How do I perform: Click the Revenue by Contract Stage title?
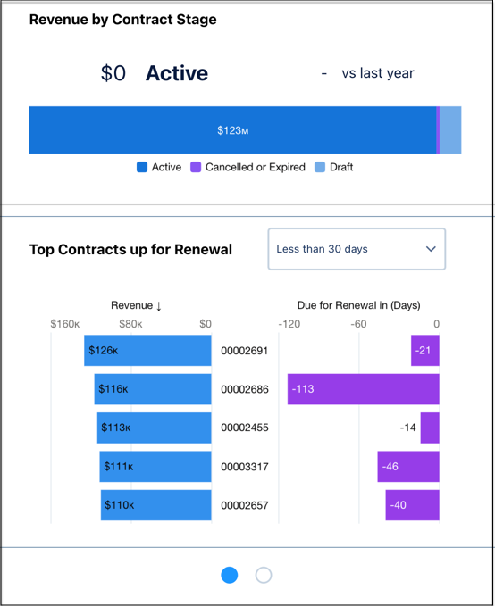coord(122,19)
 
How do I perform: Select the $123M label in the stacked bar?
coord(232,130)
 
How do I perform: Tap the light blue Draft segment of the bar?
coord(450,130)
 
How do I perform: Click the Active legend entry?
coord(159,167)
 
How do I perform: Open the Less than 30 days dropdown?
coord(357,249)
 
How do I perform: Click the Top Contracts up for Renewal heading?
coord(130,250)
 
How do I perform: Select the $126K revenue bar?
coord(147,351)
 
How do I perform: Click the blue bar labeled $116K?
coord(153,389)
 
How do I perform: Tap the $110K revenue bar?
coord(155,505)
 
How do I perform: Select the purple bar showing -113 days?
coord(363,389)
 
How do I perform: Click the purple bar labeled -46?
coord(408,467)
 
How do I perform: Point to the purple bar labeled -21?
coord(424,351)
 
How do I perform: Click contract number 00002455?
coord(244,428)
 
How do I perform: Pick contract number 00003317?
coord(244,467)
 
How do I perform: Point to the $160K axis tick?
coord(65,325)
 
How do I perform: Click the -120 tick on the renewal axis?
coord(289,325)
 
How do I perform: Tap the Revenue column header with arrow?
coord(136,305)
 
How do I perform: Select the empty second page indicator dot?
coord(264,576)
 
